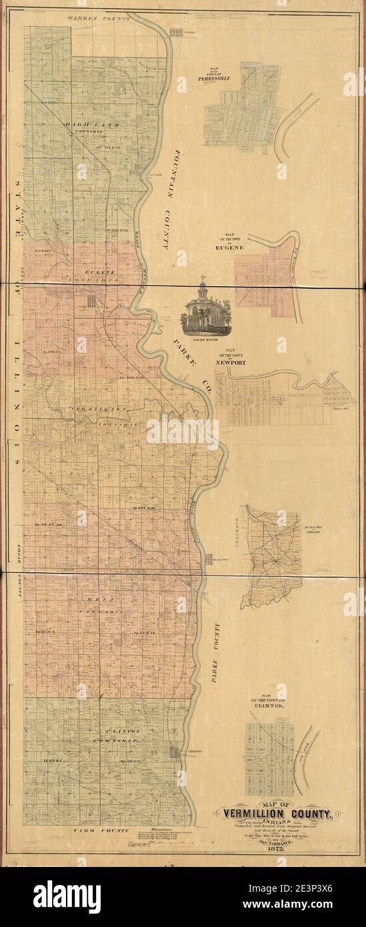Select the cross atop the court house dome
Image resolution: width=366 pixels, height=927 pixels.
coord(203,278)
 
